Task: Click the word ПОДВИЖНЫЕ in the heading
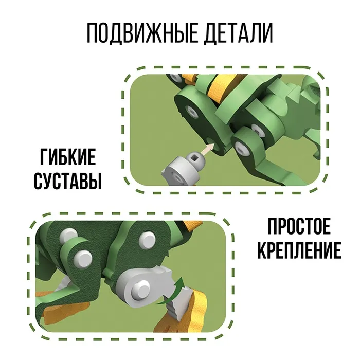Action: pos(142,33)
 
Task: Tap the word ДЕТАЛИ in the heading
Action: pos(239,33)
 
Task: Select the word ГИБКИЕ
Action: pos(68,157)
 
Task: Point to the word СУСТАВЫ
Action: pos(68,181)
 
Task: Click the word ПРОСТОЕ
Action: pos(299,226)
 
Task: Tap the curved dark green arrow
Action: pos(170,292)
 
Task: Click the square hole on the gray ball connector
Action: pos(195,157)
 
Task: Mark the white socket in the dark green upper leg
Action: pos(192,110)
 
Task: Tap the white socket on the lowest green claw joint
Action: pos(241,148)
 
